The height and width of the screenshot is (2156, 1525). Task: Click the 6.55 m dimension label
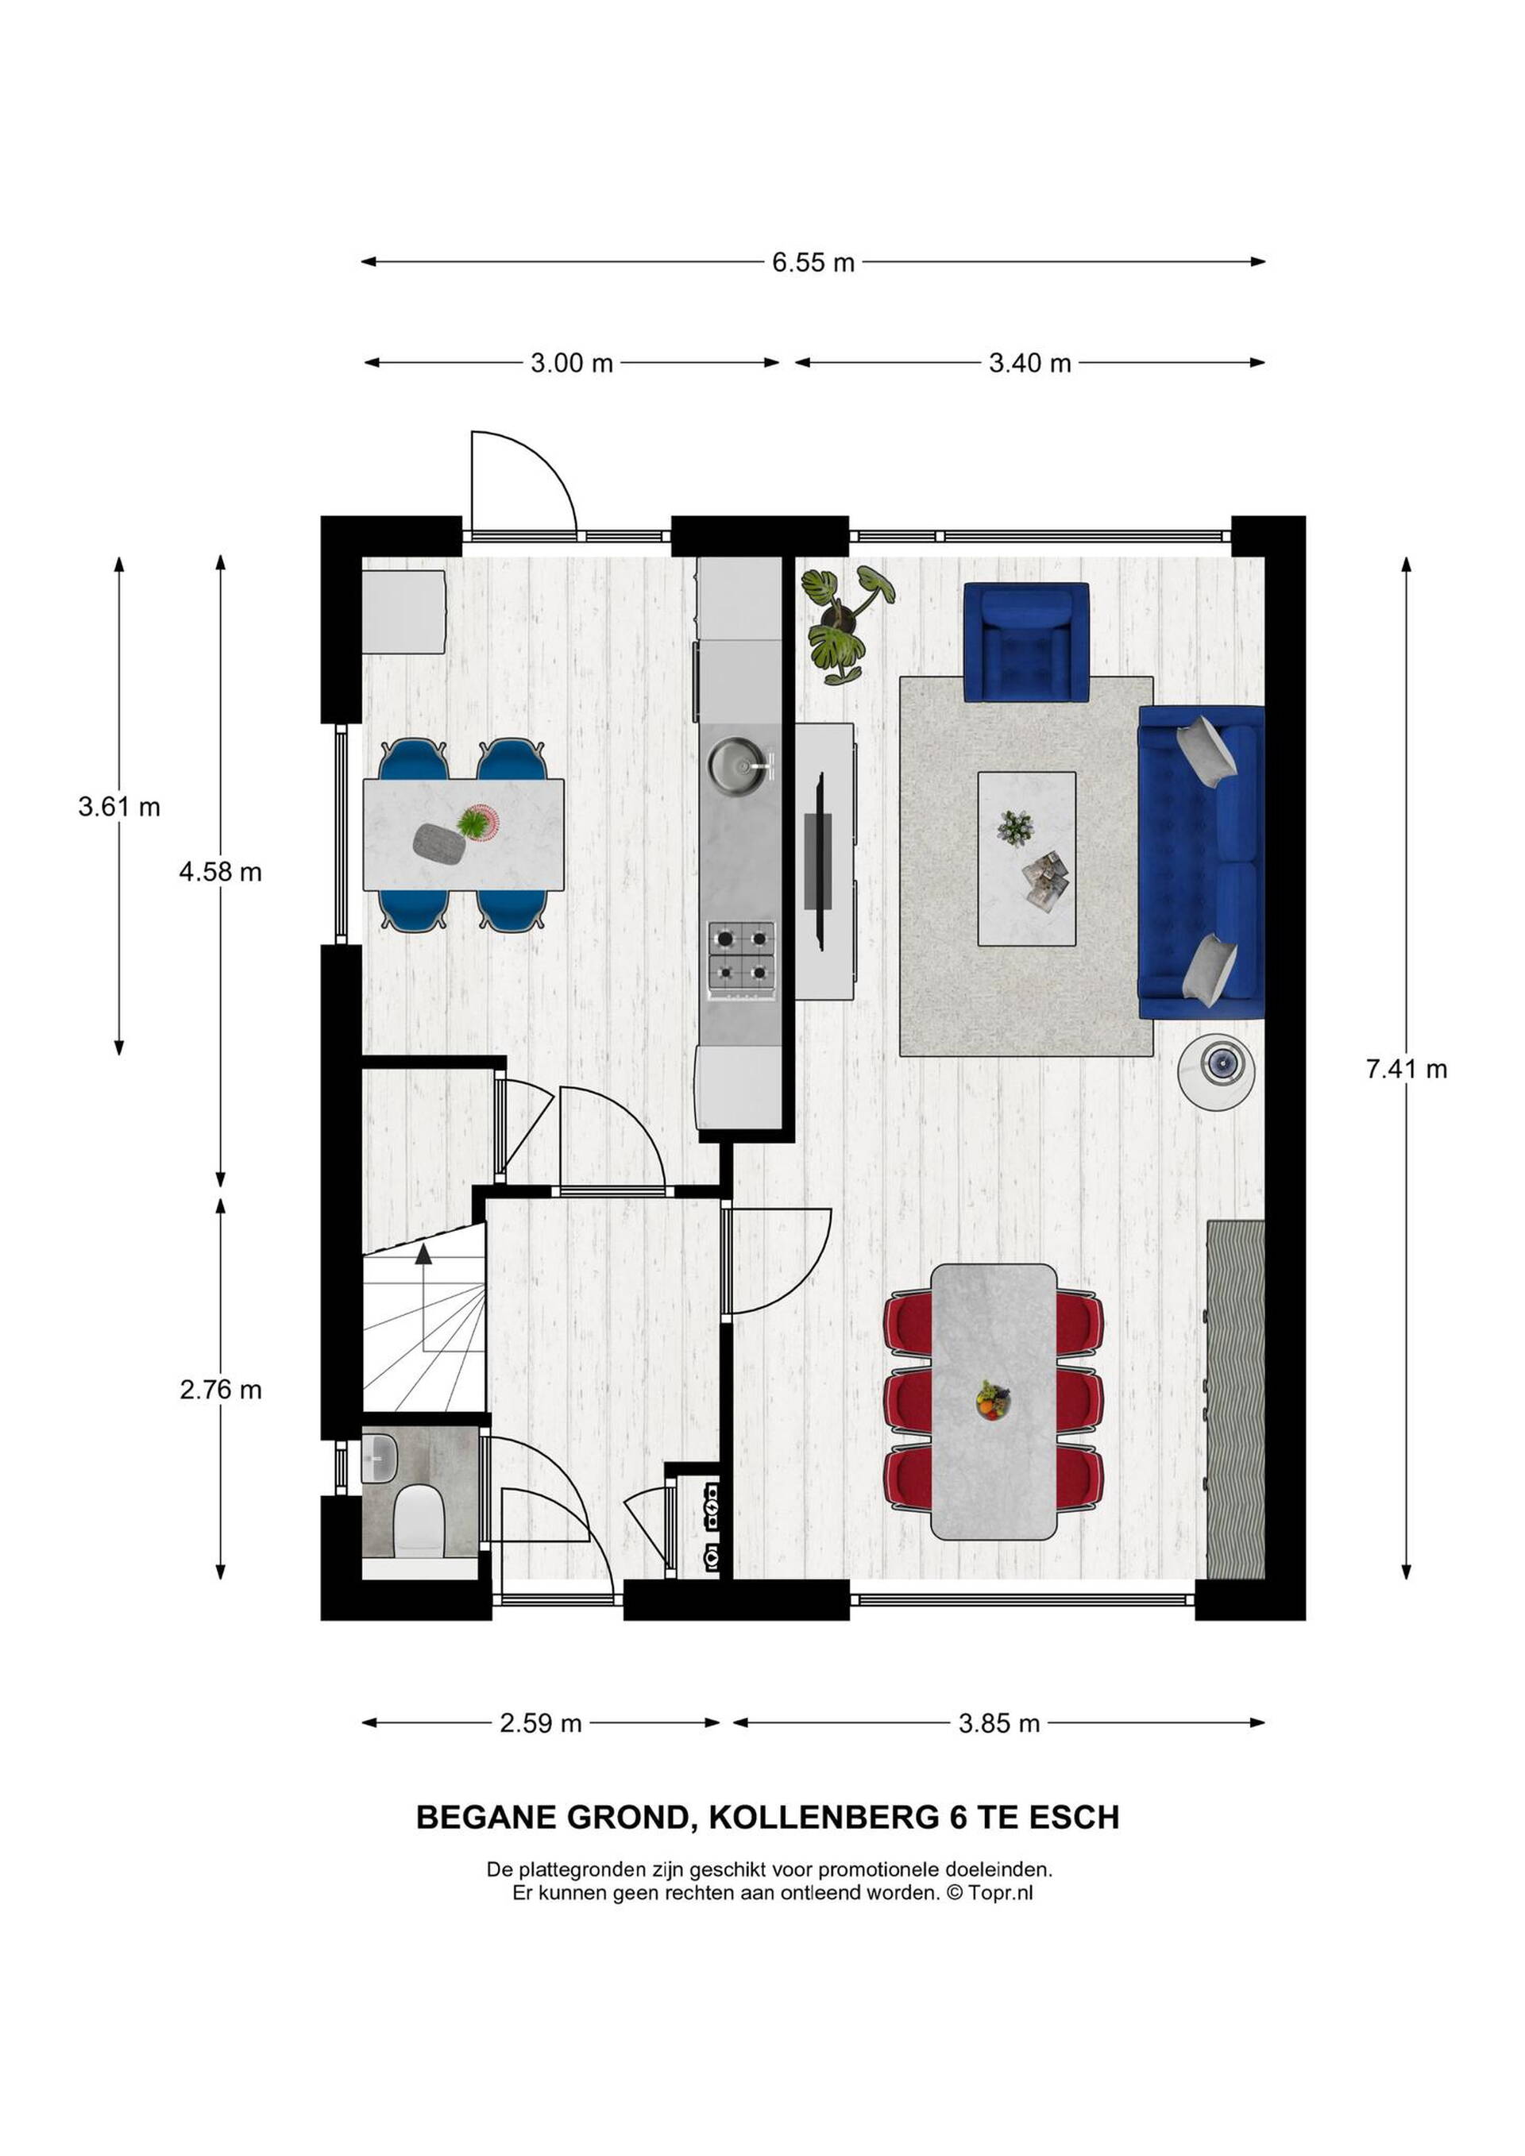coord(813,263)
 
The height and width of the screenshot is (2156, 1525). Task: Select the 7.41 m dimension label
coord(1406,1069)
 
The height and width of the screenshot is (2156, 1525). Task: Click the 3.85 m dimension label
coord(999,1723)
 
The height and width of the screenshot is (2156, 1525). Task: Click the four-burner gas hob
coord(742,960)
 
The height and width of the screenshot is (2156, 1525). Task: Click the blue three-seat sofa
coord(1201,862)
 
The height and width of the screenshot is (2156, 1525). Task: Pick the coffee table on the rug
coord(1026,859)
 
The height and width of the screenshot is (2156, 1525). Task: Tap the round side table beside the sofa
coord(1217,1072)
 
